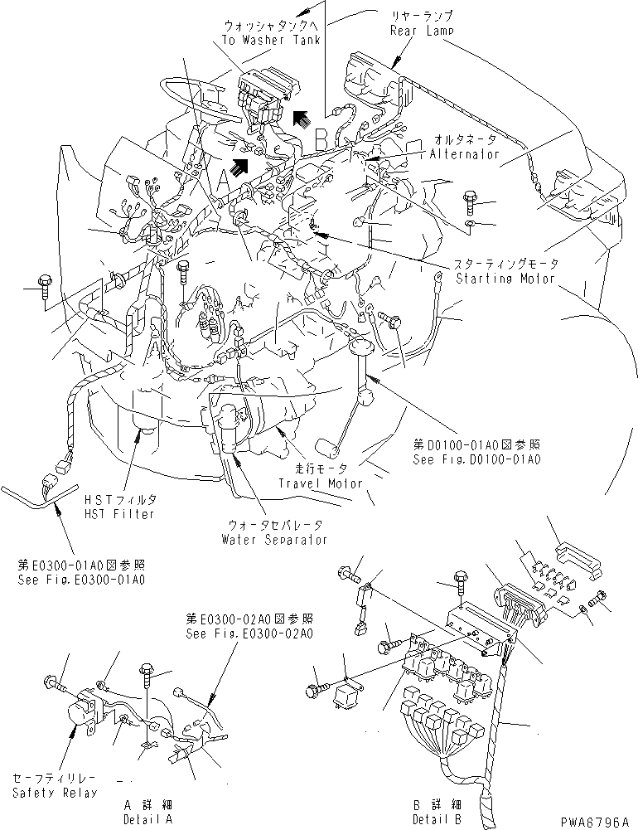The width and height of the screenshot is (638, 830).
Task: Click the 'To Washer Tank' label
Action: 272,39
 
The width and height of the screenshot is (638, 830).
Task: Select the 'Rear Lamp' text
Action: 423,31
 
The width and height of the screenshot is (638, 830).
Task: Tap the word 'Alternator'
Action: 465,154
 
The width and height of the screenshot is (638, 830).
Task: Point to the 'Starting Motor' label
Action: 506,279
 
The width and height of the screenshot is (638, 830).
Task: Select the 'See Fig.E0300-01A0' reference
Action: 81,579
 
